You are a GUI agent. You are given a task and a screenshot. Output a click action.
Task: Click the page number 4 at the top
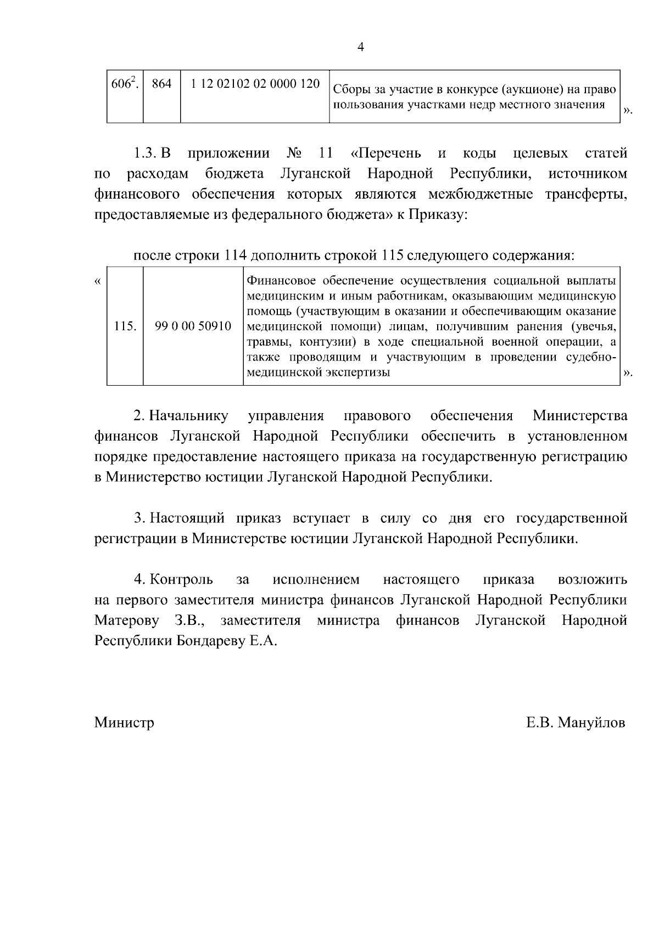pos(360,47)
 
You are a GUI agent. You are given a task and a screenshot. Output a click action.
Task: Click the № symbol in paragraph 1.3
pos(295,153)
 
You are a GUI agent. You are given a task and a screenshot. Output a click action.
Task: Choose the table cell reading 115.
pos(125,326)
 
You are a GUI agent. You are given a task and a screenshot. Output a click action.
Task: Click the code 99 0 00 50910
pos(193,326)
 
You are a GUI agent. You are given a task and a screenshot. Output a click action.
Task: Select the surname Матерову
pos(127,620)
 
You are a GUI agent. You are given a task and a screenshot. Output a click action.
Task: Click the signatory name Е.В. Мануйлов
pos(576,723)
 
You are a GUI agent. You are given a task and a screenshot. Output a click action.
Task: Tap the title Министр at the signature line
pos(124,723)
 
